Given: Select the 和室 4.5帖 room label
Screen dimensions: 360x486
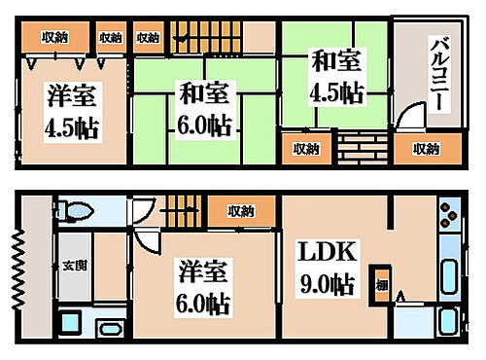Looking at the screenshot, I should pyautogui.click(x=335, y=78).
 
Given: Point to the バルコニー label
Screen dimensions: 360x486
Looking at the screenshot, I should pyautogui.click(x=438, y=73).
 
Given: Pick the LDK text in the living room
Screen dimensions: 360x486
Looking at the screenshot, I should pyautogui.click(x=325, y=255).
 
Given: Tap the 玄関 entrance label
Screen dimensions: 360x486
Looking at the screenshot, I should pyautogui.click(x=72, y=265).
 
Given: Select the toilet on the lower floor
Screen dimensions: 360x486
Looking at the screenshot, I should pyautogui.click(x=76, y=211).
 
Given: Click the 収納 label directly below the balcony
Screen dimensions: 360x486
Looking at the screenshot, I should pyautogui.click(x=425, y=149).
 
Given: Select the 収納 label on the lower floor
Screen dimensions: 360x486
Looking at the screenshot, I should pyautogui.click(x=241, y=211).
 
